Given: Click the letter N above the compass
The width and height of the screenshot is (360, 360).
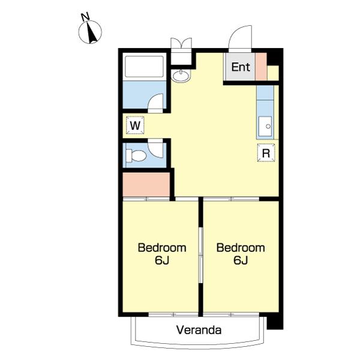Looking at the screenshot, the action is click(x=85, y=17).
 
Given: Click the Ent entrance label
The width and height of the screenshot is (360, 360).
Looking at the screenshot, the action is click(x=241, y=67).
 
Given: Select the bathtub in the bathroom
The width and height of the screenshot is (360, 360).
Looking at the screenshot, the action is click(x=145, y=67).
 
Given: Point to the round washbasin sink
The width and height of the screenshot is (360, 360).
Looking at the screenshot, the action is click(x=181, y=76).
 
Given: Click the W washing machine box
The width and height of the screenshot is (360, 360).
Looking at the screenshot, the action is click(x=135, y=125).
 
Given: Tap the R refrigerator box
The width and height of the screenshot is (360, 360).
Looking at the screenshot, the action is click(x=266, y=153).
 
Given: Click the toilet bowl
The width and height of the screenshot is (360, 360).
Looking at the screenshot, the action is click(x=136, y=155).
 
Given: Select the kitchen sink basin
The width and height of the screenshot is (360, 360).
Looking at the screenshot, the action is click(x=265, y=126).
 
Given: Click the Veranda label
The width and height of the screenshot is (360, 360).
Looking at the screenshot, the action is click(x=199, y=330).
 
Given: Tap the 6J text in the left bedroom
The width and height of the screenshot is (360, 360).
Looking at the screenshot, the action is click(x=162, y=260).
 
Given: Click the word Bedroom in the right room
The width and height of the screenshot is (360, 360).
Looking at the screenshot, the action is click(x=241, y=248).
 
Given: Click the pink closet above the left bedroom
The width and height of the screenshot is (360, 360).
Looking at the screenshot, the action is click(x=146, y=184).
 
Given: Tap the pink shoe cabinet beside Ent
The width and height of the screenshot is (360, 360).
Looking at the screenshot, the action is click(x=261, y=67).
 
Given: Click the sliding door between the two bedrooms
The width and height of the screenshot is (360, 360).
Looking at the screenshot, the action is click(x=201, y=255).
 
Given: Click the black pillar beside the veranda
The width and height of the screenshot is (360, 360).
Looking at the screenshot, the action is click(x=275, y=323).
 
